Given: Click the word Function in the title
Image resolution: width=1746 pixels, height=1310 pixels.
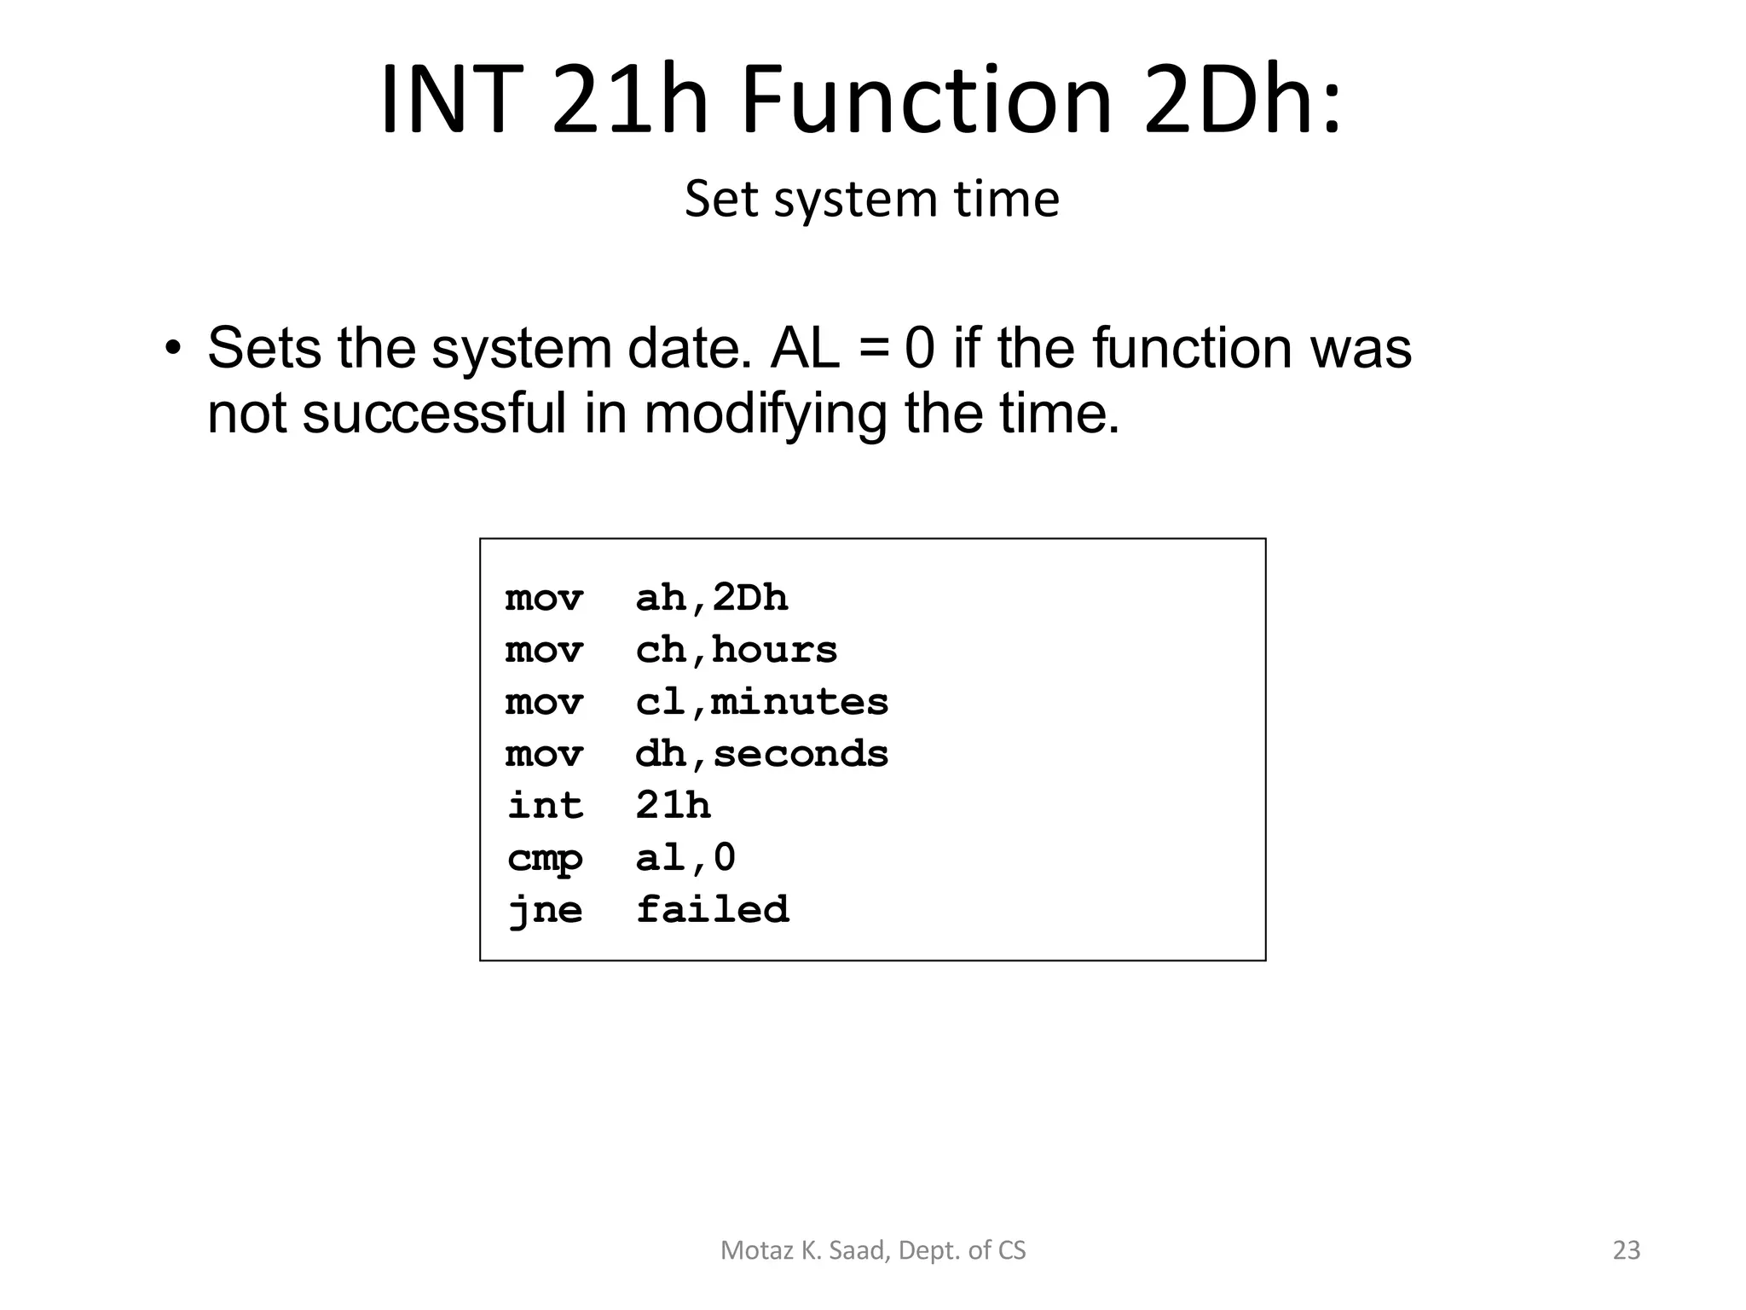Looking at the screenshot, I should point(927,100).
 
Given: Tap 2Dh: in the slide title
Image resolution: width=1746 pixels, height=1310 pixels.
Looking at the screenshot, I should point(1240,100).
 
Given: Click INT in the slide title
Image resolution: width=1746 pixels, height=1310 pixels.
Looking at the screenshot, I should point(449,100).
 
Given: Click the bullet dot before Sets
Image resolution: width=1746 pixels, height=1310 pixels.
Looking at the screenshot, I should point(173,349).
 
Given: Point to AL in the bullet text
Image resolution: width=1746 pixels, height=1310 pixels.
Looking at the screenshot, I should point(805,349).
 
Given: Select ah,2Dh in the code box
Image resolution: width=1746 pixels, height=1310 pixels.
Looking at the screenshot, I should point(711,598).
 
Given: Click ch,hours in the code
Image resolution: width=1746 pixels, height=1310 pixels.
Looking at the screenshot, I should point(736,650).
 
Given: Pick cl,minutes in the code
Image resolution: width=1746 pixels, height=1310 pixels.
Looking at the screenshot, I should point(761,702).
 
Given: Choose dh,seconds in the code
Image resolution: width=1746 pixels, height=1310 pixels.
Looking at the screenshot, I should point(761,754).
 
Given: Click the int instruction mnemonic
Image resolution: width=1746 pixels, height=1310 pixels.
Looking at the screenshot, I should point(545,806).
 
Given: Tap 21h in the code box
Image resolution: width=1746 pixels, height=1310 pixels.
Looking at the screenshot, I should point(673,806).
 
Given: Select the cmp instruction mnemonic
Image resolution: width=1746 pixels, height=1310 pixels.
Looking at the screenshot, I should point(545,858).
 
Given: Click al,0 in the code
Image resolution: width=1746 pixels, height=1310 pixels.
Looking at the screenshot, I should point(685,858).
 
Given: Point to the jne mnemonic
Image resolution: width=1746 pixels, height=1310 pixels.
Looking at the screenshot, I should point(545,910).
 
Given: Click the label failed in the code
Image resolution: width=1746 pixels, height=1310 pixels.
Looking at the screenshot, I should point(712,910).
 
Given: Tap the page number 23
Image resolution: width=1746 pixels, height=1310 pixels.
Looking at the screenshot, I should point(1627,1250).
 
